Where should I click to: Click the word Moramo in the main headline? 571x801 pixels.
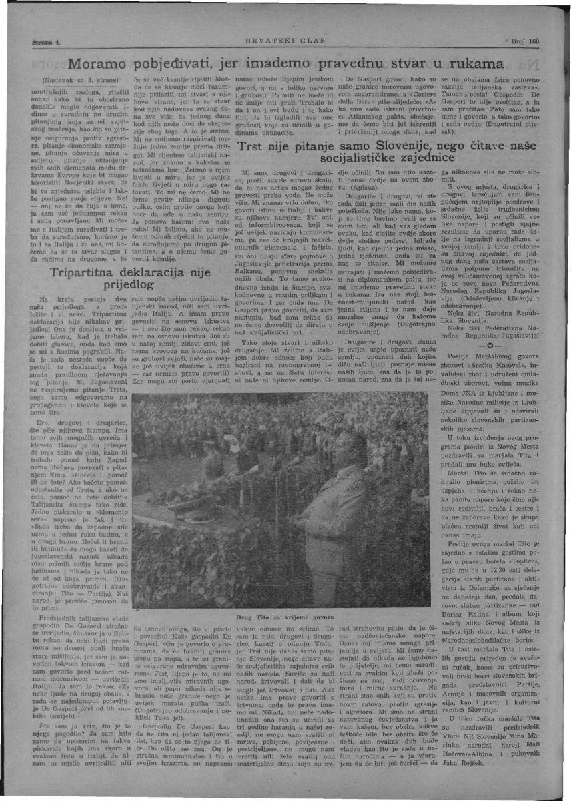click(100, 65)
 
